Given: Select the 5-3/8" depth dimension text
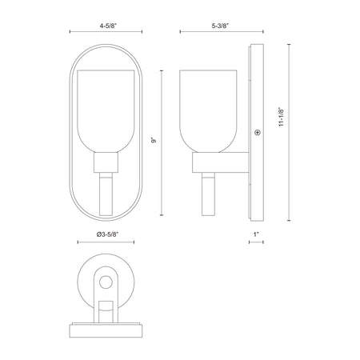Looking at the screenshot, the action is point(221,26).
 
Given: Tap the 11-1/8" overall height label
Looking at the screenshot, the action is point(281,117).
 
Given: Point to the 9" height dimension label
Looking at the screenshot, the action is point(154,140).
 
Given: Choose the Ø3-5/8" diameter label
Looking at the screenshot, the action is point(107,234).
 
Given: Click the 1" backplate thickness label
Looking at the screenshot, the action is point(256,234).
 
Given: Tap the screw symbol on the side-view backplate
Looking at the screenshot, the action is point(258,132).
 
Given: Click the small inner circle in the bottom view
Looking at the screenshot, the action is point(106,282).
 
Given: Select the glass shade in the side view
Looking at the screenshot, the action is point(208,111).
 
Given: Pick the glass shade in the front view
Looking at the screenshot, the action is point(106,111).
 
